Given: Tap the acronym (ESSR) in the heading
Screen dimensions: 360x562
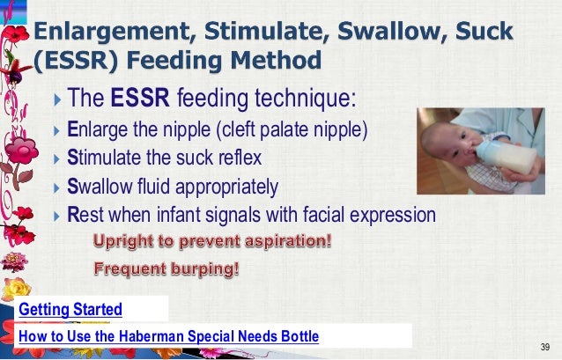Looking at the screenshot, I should pyautogui.click(x=72, y=62).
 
